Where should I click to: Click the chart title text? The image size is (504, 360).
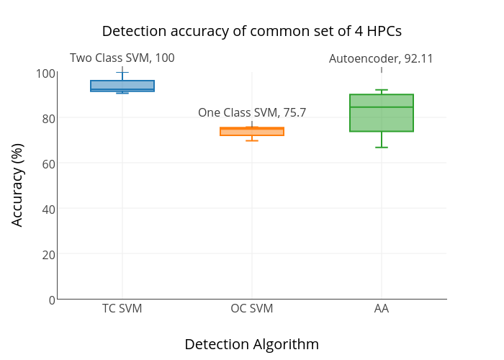[x=251, y=31]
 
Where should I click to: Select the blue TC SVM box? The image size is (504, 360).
[x=122, y=86]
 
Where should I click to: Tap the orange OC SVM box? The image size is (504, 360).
[x=252, y=132]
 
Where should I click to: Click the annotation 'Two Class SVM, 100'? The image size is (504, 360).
[x=122, y=58]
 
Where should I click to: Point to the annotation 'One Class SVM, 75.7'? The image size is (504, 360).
[x=252, y=112]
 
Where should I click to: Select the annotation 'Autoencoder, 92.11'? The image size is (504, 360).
[x=381, y=59]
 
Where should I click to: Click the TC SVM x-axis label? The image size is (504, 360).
[x=122, y=309]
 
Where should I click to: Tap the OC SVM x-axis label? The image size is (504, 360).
[x=252, y=309]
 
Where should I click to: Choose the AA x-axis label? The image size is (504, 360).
[x=382, y=309]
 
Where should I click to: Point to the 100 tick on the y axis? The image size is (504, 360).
[x=45, y=73]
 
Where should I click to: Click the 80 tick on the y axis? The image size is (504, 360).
[x=48, y=118]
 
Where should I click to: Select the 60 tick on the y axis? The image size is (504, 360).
[x=48, y=163]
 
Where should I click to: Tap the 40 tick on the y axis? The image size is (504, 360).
[x=48, y=209]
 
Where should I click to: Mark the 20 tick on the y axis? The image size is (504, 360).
[x=48, y=254]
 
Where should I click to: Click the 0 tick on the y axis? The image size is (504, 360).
[x=51, y=300]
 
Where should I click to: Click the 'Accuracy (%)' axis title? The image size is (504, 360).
[x=18, y=184]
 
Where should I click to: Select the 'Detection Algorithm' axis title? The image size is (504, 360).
[x=251, y=344]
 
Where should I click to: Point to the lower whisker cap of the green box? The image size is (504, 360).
[x=382, y=147]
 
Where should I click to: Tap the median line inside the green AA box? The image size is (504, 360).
[x=382, y=107]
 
